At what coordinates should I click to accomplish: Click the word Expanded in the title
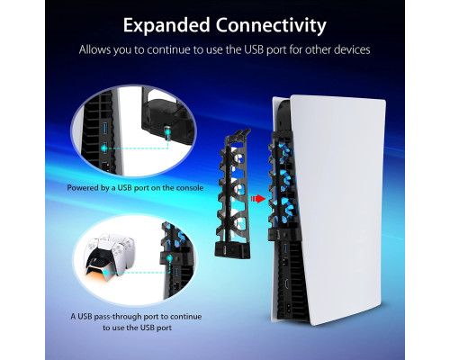tap(166, 25)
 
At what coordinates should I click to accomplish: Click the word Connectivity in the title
tap(271, 25)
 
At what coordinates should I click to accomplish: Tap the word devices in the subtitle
tap(352, 49)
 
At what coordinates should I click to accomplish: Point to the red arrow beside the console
tap(258, 199)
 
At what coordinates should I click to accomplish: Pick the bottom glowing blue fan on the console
tap(283, 207)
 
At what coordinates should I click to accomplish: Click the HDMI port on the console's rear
tap(286, 283)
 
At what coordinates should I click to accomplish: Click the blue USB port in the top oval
tap(105, 126)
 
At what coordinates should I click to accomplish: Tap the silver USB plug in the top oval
tap(166, 133)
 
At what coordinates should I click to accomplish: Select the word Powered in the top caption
tap(80, 188)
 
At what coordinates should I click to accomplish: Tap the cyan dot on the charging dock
tap(105, 273)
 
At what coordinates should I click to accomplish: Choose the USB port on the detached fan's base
tap(226, 249)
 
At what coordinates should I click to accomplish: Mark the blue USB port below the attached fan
tap(285, 247)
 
